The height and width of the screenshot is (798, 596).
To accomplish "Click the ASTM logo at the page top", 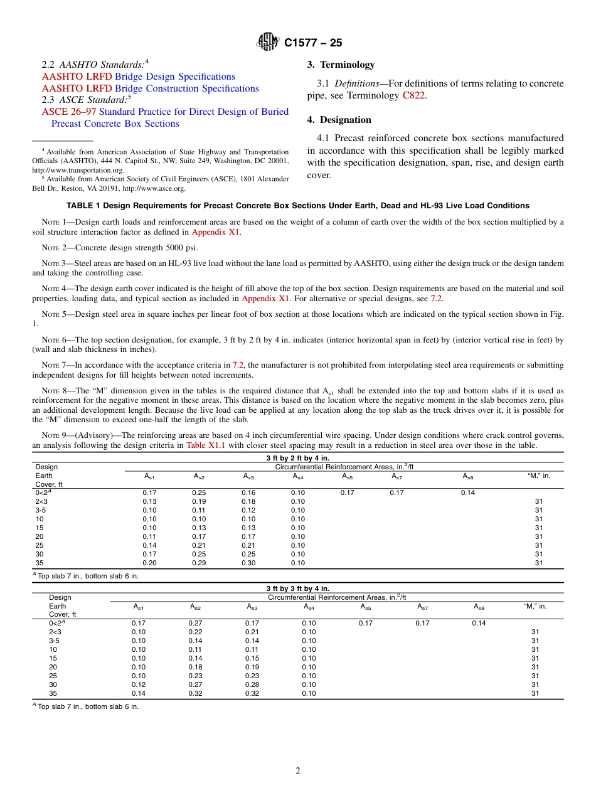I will click(269, 43).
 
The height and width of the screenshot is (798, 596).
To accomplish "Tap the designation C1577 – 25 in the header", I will click(313, 43).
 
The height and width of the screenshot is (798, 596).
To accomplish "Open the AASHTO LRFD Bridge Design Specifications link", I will click(139, 77).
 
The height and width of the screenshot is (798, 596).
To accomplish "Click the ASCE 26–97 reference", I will click(165, 112).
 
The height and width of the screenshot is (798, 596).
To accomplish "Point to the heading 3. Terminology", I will click(341, 65).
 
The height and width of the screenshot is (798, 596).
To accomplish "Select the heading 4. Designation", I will click(339, 120).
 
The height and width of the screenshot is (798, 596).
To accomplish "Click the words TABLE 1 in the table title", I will click(83, 206).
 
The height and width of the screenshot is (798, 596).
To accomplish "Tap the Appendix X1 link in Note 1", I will click(216, 232).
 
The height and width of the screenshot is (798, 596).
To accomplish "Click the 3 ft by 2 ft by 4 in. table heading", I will click(297, 458).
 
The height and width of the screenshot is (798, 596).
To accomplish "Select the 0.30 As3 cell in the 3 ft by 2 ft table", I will click(248, 563).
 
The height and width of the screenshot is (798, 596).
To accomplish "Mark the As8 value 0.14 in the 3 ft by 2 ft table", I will click(468, 492).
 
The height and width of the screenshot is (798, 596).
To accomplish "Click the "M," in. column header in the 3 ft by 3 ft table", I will click(535, 606).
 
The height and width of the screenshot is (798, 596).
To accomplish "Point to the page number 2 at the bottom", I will click(298, 771).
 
